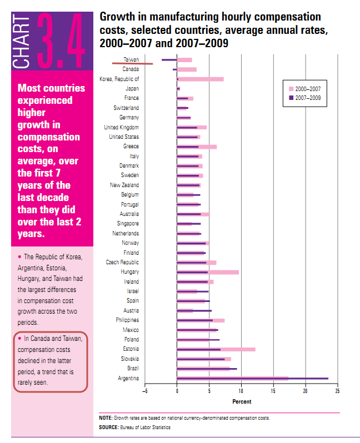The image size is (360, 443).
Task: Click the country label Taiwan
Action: click(131, 59)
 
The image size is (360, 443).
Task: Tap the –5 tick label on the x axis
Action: click(144, 391)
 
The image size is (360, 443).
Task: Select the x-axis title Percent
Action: click(241, 401)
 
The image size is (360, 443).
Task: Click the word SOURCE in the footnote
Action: click(108, 427)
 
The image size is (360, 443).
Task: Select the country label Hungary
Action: click(129, 272)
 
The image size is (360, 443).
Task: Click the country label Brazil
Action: click(132, 369)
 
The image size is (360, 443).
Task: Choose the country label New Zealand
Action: click(124, 185)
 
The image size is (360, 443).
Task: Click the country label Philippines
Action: click(127, 320)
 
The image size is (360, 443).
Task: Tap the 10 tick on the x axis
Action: click(241, 391)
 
